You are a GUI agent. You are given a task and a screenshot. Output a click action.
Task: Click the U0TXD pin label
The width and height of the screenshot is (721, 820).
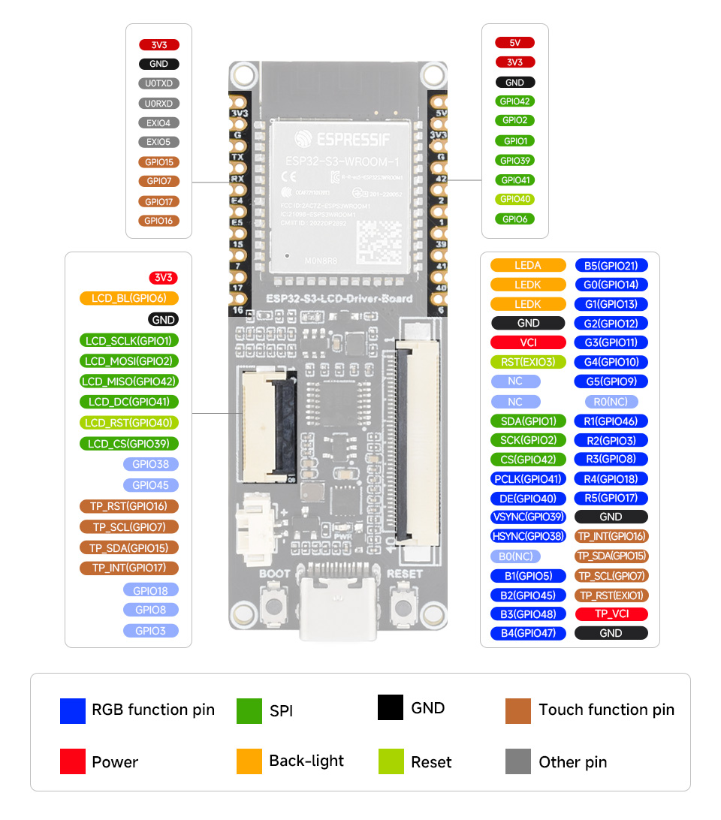(158, 83)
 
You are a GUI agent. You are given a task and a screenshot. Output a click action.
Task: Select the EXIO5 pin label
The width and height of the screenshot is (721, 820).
(158, 142)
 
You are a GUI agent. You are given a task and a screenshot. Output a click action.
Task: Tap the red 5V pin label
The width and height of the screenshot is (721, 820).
(514, 43)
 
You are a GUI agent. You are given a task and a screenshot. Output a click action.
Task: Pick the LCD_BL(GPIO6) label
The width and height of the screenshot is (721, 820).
(129, 298)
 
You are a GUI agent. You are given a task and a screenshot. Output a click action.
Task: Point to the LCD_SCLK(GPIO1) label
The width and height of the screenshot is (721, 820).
(129, 340)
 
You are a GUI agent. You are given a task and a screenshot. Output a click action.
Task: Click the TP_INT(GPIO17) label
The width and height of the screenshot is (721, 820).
(129, 568)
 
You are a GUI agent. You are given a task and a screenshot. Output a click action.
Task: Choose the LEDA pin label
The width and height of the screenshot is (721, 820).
(528, 265)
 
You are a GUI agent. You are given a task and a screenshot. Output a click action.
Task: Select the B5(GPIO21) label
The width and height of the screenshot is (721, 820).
(611, 265)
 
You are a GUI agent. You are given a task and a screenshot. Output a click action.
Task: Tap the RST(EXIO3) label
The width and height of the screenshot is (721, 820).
(528, 362)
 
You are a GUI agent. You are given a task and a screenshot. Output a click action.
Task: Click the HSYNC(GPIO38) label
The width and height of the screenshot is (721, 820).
(528, 536)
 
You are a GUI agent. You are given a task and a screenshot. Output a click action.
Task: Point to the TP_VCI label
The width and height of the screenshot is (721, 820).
(611, 613)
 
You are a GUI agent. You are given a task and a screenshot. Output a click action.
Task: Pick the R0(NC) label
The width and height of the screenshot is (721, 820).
(611, 401)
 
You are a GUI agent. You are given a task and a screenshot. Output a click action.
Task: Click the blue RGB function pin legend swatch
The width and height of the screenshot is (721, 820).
(73, 710)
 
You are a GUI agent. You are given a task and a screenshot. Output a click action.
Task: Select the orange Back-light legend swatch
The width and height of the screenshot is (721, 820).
(249, 761)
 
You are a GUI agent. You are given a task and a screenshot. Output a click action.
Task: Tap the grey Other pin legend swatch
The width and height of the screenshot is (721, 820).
(518, 761)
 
